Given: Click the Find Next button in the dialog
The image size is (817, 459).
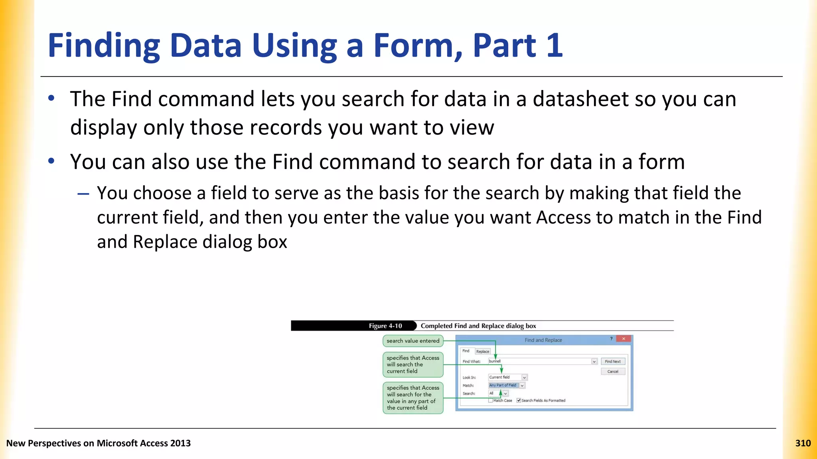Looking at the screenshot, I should point(612,361).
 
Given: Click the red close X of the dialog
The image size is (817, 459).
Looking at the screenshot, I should point(624,339).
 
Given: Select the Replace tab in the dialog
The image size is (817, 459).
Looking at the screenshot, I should point(482,351).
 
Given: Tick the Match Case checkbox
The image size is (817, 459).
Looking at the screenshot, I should point(491,400).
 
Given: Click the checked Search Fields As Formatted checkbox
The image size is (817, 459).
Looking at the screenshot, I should point(519,400).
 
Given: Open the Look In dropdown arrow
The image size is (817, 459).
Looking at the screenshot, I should point(524,377).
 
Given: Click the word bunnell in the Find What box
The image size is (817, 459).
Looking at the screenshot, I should point(495,361).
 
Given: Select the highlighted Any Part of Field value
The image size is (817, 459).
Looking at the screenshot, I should point(503,385).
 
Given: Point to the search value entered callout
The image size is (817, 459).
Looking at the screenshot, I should point(413,341).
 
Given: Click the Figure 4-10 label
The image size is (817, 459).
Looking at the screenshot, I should point(385,326).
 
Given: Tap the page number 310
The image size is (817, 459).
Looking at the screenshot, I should point(803,443).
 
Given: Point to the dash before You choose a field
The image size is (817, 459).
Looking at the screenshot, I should point(83,194).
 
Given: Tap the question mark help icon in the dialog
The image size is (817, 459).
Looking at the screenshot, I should point(611,339).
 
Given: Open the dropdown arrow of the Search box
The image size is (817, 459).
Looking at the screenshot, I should point(505,394).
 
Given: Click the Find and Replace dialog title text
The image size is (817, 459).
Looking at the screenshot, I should point(543,340).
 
